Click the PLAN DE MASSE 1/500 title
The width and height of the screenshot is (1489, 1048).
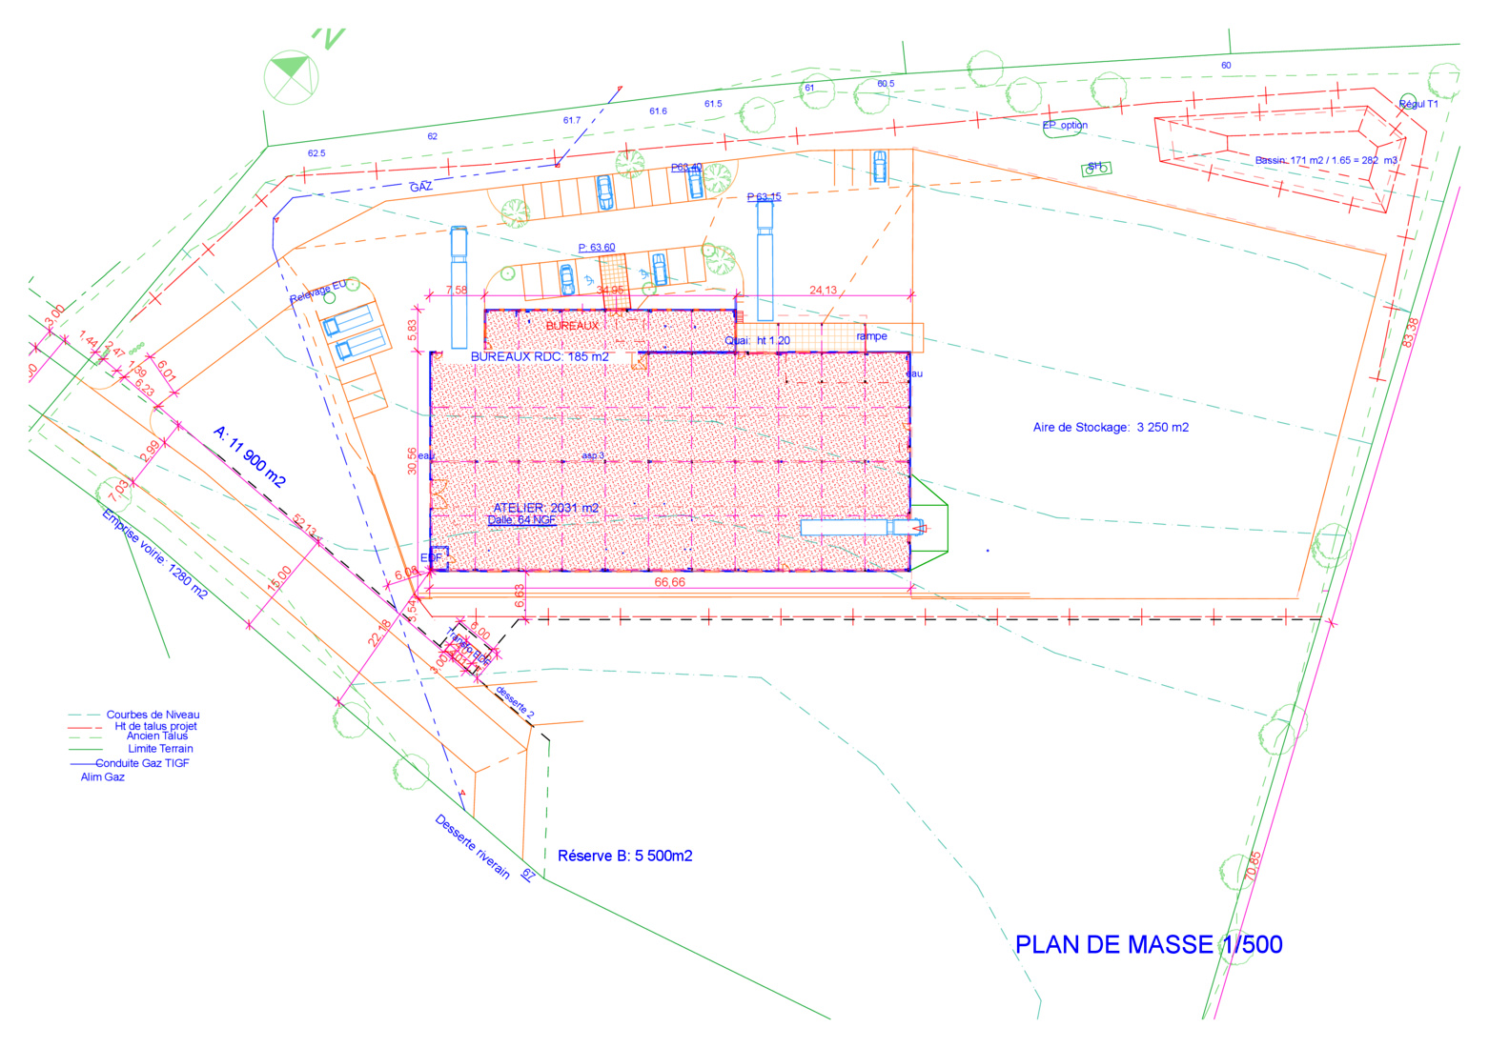pyautogui.click(x=1148, y=945)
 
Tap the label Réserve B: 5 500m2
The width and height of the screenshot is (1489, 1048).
pyautogui.click(x=624, y=857)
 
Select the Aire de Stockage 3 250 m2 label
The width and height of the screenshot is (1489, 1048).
pyautogui.click(x=1111, y=428)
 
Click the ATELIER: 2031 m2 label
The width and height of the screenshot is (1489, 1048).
pyautogui.click(x=545, y=508)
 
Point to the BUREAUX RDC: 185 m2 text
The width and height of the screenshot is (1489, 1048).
pyautogui.click(x=540, y=357)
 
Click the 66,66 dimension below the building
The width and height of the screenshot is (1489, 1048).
pyautogui.click(x=669, y=582)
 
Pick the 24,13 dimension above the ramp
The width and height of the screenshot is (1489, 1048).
pyautogui.click(x=823, y=291)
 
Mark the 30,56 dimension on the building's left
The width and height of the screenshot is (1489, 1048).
pyautogui.click(x=412, y=461)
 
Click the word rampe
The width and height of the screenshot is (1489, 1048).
pyautogui.click(x=871, y=336)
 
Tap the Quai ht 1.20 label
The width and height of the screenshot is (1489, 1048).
pyautogui.click(x=758, y=340)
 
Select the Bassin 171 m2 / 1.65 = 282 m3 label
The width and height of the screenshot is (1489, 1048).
pyautogui.click(x=1325, y=160)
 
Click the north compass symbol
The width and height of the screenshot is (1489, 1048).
pyautogui.click(x=291, y=76)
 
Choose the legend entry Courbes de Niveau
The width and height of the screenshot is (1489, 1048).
pyautogui.click(x=153, y=715)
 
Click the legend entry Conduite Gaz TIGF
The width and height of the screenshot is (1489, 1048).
pyautogui.click(x=142, y=763)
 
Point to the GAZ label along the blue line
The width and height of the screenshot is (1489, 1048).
pyautogui.click(x=421, y=188)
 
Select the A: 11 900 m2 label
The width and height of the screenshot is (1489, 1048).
pyautogui.click(x=250, y=457)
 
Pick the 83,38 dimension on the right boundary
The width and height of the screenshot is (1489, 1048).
pyautogui.click(x=1411, y=332)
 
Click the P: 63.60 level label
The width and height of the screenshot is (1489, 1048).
pyautogui.click(x=596, y=248)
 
